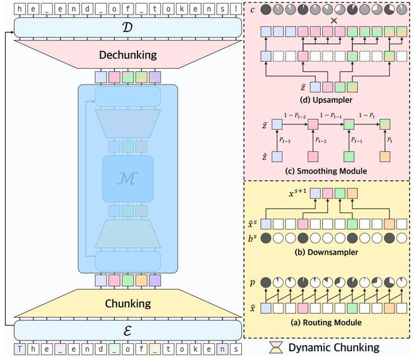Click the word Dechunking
click(x=128, y=55)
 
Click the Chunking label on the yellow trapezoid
click(x=128, y=303)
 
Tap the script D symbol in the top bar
click(x=128, y=26)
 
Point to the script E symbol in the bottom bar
click(x=128, y=330)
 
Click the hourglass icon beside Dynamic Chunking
click(x=277, y=347)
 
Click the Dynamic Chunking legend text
click(x=333, y=347)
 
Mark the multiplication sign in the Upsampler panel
click(x=333, y=21)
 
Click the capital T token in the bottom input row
click(x=21, y=349)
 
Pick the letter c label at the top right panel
click(x=252, y=9)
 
